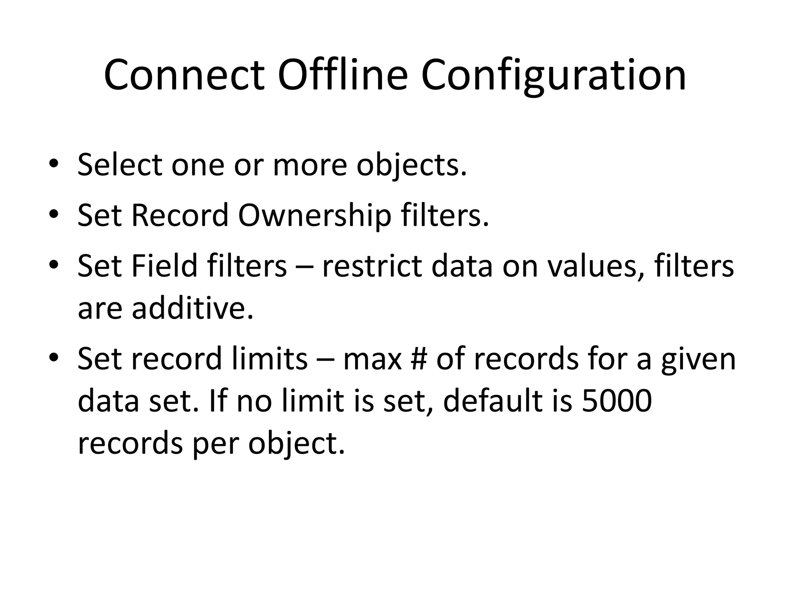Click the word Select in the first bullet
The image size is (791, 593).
pos(120,165)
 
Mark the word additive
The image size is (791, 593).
pos(193,309)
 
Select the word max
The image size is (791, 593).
pos(372,359)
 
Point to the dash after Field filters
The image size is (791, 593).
pos(304,267)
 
